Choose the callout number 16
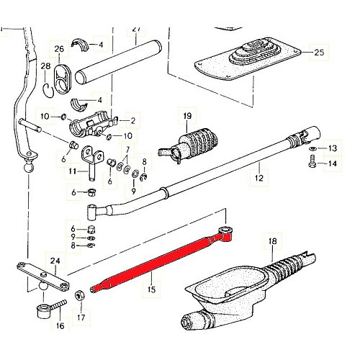[58, 325]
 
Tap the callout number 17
[80, 315]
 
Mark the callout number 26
[59, 48]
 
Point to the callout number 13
[332, 148]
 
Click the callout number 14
[332, 164]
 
